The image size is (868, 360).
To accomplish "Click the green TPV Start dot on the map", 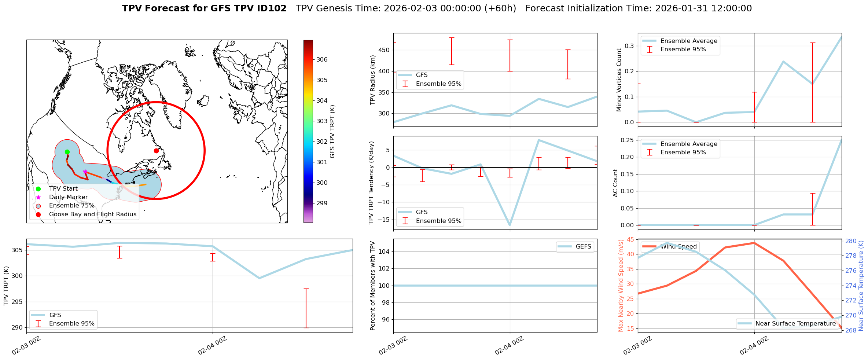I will click(67, 152).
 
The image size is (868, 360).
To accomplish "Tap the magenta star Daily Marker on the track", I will click(85, 172).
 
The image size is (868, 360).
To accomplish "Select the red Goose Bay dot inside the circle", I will click(156, 151).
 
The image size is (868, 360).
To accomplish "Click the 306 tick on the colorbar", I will click(322, 59).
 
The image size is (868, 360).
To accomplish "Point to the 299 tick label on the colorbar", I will click(322, 203).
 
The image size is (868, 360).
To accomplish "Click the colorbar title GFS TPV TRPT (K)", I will click(332, 131).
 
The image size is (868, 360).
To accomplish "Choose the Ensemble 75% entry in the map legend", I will click(71, 205).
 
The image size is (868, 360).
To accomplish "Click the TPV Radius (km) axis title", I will click(373, 80).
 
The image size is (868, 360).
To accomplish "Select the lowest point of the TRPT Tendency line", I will click(510, 225).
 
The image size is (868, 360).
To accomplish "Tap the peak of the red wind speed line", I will click(754, 243).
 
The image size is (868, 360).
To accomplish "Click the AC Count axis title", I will click(615, 183).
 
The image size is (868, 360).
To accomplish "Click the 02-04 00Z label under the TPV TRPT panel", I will click(212, 346).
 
